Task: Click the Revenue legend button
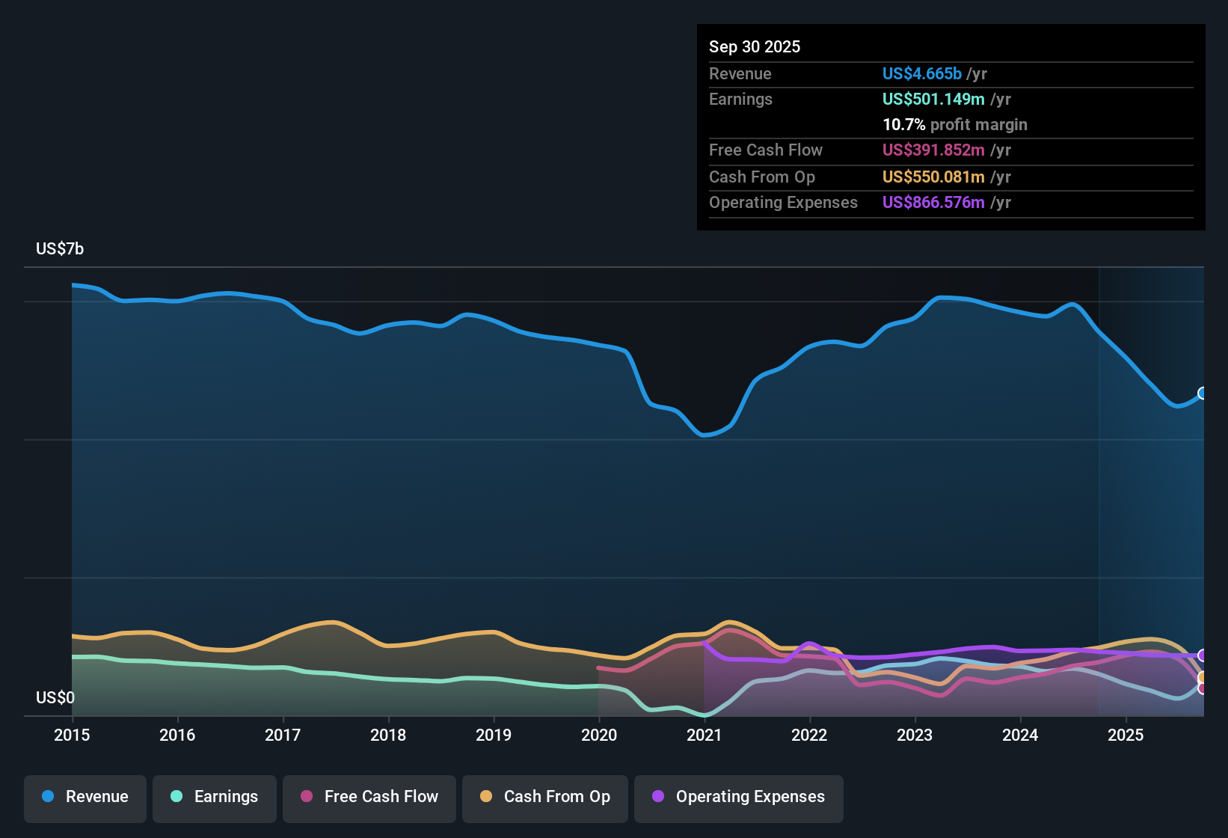pyautogui.click(x=85, y=797)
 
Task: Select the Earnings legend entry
pyautogui.click(x=215, y=797)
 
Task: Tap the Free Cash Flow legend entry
pyautogui.click(x=369, y=797)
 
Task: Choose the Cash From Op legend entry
pyautogui.click(x=545, y=797)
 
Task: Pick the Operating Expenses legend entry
pyautogui.click(x=739, y=797)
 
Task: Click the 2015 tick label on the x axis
pyautogui.click(x=72, y=735)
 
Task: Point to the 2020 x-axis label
pyautogui.click(x=599, y=735)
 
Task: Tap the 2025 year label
pyautogui.click(x=1126, y=735)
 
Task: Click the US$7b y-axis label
pyautogui.click(x=60, y=249)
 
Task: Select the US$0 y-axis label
pyautogui.click(x=55, y=698)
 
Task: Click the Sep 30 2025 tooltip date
pyautogui.click(x=755, y=47)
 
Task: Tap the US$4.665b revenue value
pyautogui.click(x=921, y=74)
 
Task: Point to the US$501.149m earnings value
pyautogui.click(x=933, y=100)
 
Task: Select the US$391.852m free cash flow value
pyautogui.click(x=933, y=150)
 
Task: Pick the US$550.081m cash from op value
pyautogui.click(x=933, y=177)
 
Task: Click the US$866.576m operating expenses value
pyautogui.click(x=933, y=203)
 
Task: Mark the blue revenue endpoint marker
pyautogui.click(x=1203, y=394)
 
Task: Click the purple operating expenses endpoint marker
pyautogui.click(x=1203, y=655)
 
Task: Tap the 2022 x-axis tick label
pyautogui.click(x=809, y=735)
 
